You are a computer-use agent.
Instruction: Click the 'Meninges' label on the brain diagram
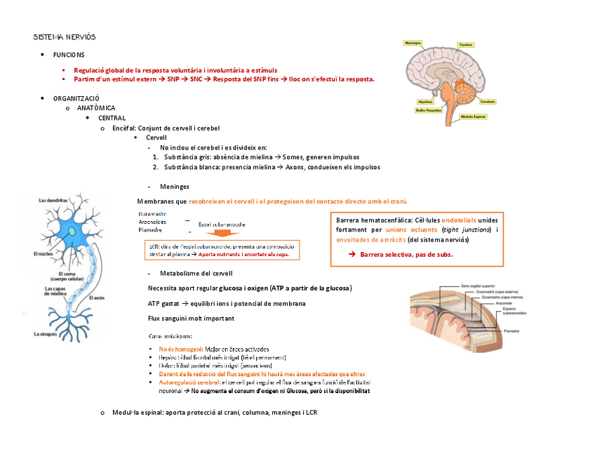[x=413, y=42]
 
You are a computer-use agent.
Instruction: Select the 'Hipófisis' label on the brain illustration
[x=425, y=102]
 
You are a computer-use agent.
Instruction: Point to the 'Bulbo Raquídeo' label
[x=429, y=109]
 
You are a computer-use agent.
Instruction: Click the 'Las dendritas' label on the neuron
[x=53, y=201]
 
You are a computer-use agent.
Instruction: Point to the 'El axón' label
[x=98, y=298]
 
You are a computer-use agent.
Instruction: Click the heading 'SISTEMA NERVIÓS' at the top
[x=64, y=36]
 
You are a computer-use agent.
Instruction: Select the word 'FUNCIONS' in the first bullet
[x=69, y=55]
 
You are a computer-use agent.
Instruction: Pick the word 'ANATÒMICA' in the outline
[x=96, y=108]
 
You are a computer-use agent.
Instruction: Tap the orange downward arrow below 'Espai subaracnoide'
[x=225, y=234]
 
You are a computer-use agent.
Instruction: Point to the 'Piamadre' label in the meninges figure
[x=511, y=329]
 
